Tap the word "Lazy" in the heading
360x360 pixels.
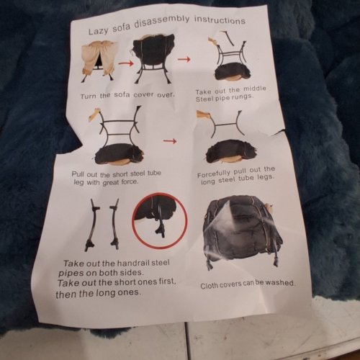coord(98,31)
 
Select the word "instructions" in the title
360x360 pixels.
coord(220,19)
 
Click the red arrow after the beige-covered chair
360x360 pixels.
coord(126,63)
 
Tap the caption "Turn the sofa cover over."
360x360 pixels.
coord(127,95)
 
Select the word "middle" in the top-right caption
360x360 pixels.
coord(255,89)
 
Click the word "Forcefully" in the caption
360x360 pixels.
coord(214,174)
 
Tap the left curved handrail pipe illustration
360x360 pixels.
coord(92,225)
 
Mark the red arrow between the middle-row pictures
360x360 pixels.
coord(170,141)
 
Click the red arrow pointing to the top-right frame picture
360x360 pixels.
coord(184,59)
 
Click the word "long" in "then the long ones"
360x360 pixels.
coord(105,293)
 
